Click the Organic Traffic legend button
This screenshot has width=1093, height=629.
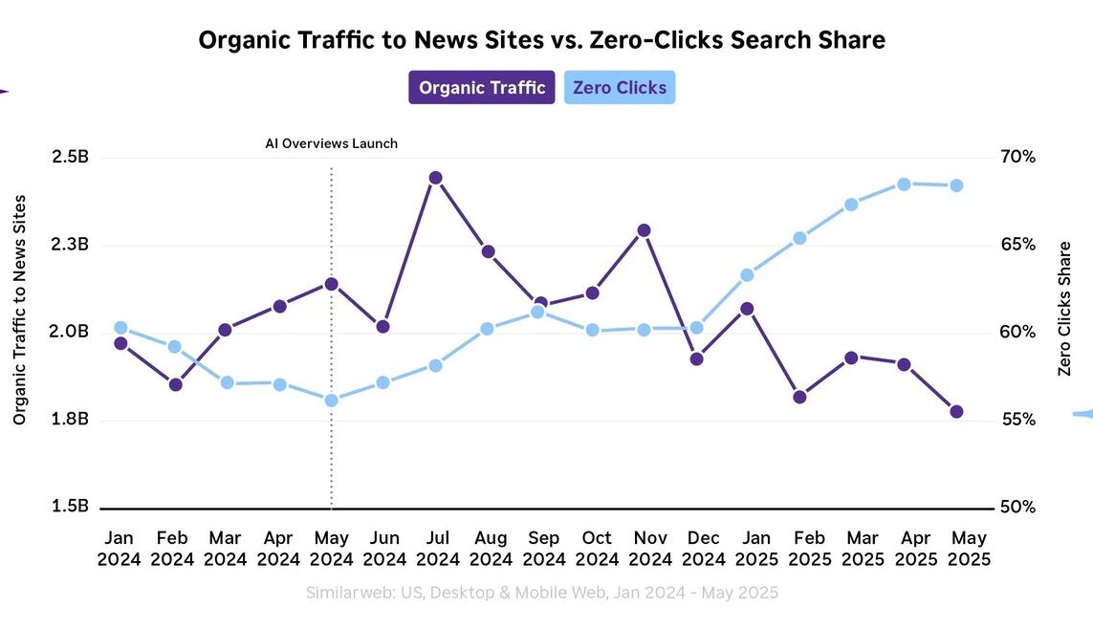click(x=482, y=88)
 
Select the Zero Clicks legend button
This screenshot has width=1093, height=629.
click(x=619, y=88)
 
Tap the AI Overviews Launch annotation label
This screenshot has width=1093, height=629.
click(x=331, y=143)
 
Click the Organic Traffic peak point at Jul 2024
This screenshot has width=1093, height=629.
click(x=435, y=178)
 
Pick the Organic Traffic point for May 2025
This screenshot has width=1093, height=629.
click(x=956, y=411)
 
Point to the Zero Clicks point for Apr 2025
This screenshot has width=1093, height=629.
click(x=904, y=184)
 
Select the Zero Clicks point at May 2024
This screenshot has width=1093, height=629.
click(x=331, y=401)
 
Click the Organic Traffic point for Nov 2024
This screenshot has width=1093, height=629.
click(x=644, y=230)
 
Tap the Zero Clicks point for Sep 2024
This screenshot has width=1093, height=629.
click(x=537, y=312)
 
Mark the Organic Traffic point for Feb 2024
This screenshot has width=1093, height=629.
click(x=176, y=385)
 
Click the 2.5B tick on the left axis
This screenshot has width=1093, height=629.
click(x=70, y=157)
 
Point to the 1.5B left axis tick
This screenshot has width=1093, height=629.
click(x=70, y=507)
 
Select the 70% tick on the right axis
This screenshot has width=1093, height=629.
click(x=1017, y=157)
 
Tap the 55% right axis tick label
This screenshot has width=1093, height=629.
click(x=1017, y=420)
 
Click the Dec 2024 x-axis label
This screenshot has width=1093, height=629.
click(x=704, y=549)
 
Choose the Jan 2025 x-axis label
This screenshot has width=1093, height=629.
click(x=756, y=549)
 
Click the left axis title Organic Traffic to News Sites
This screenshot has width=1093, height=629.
click(x=20, y=309)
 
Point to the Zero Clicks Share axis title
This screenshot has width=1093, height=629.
click(x=1064, y=309)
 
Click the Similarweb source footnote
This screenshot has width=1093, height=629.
click(x=542, y=593)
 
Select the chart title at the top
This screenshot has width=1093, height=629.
click(x=541, y=40)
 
